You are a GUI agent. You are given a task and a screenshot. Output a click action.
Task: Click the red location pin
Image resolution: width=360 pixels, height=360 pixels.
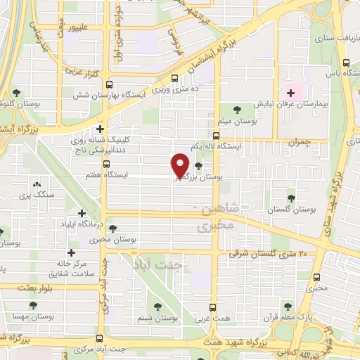(x=180, y=165)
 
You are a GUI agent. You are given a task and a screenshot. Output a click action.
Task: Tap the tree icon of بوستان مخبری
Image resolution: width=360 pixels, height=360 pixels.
(x=112, y=228)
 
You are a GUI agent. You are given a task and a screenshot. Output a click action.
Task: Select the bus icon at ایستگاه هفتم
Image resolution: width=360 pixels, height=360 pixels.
(x=106, y=164)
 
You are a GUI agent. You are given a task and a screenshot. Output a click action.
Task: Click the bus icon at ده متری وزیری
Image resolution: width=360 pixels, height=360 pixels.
(x=174, y=79)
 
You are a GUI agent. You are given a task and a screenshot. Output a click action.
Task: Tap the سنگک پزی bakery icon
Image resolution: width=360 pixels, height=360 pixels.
(x=36, y=184)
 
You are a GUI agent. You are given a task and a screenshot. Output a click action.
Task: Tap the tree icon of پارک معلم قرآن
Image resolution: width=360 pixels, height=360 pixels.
(x=286, y=306)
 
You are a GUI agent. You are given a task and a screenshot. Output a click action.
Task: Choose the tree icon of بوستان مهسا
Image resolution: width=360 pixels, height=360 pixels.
(x=33, y=305)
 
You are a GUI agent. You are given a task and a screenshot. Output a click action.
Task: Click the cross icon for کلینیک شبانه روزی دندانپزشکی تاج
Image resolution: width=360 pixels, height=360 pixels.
(x=101, y=129)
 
